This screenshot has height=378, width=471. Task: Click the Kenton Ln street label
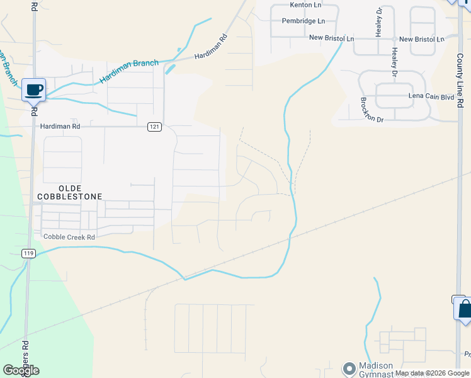pyautogui.click(x=305, y=5)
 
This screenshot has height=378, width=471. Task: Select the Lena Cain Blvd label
pyautogui.click(x=431, y=97)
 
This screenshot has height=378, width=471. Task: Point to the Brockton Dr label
pyautogui.click(x=372, y=110)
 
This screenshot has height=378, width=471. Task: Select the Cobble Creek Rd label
pyautogui.click(x=69, y=237)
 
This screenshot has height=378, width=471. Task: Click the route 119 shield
pyautogui.click(x=28, y=253)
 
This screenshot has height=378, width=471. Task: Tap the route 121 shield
pyautogui.click(x=154, y=127)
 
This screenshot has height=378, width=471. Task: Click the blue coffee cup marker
pyautogui.click(x=33, y=89)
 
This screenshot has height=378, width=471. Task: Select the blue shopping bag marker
pyautogui.click(x=464, y=309)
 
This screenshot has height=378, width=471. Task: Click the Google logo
pyautogui.click(x=21, y=370)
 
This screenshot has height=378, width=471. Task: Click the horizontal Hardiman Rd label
pyautogui.click(x=60, y=126)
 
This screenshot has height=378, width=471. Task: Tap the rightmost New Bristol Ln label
pyautogui.click(x=421, y=39)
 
